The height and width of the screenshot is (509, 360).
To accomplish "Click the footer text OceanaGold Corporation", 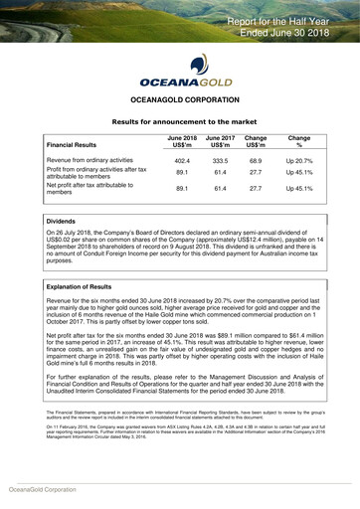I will pyautogui.click(x=42, y=490).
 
